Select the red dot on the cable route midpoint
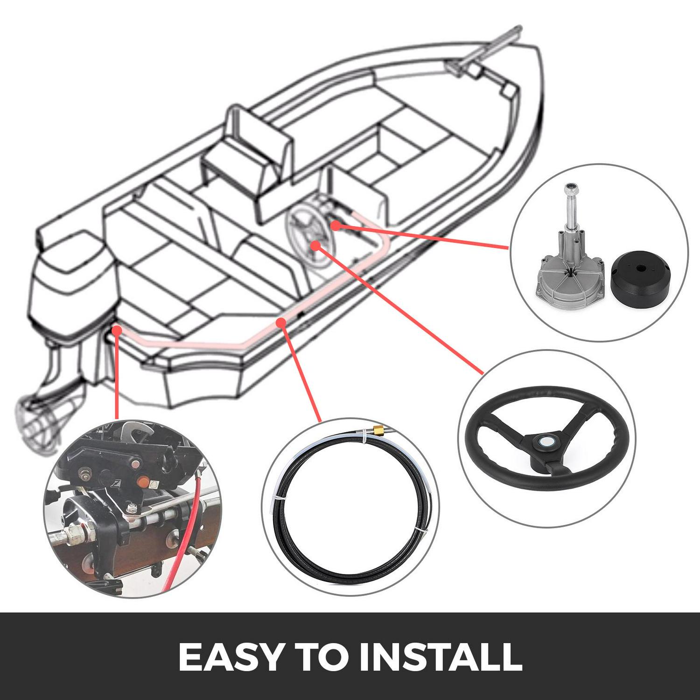coord(281,322)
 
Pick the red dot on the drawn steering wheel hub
coord(316,245)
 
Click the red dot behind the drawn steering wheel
coord(335,226)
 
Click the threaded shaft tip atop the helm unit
coord(570,189)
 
